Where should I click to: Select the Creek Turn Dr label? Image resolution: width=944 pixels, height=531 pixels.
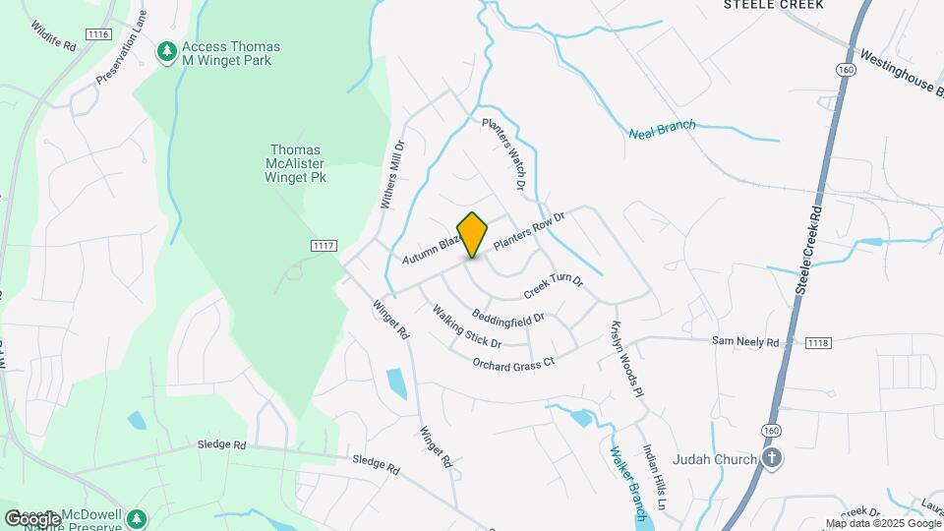pos(554,287)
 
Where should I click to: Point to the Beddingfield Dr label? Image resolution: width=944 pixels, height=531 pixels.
pos(507,318)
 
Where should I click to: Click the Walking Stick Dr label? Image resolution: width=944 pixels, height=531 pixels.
pos(467,325)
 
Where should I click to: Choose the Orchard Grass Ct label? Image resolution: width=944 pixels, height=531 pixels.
pos(513,362)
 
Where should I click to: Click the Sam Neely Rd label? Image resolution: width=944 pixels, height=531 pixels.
pos(745,342)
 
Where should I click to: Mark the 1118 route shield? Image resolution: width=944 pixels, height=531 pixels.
pos(818,342)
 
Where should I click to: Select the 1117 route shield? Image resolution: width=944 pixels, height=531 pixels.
pos(324,245)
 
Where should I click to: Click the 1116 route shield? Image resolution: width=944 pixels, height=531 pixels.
pos(96,34)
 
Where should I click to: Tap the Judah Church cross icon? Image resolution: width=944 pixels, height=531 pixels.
pos(773,458)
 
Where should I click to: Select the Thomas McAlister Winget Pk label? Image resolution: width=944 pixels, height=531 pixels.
pos(297,164)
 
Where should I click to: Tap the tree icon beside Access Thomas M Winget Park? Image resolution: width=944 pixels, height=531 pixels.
pos(168,49)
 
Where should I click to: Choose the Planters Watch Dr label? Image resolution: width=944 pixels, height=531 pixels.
pos(503,153)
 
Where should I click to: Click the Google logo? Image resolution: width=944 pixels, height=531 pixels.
pos(32,518)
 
